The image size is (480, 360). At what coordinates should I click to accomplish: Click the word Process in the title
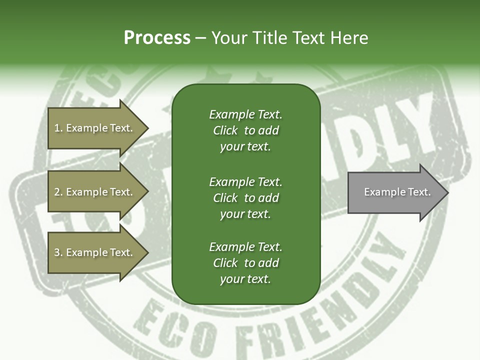157,38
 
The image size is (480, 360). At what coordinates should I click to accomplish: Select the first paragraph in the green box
245,130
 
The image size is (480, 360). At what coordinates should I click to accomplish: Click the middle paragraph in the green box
245,197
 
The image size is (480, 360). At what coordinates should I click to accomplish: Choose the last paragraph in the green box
245,263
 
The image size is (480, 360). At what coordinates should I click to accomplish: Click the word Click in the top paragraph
225,130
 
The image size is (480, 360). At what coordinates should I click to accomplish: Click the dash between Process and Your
200,38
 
